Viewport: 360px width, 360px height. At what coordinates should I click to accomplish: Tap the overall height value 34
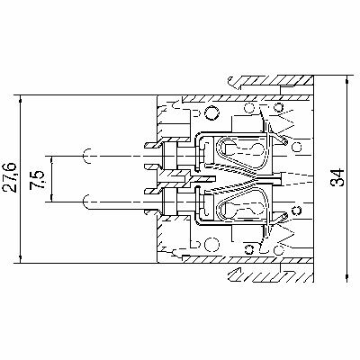(337, 178)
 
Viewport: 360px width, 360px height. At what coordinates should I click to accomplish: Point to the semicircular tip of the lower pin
(87, 200)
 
